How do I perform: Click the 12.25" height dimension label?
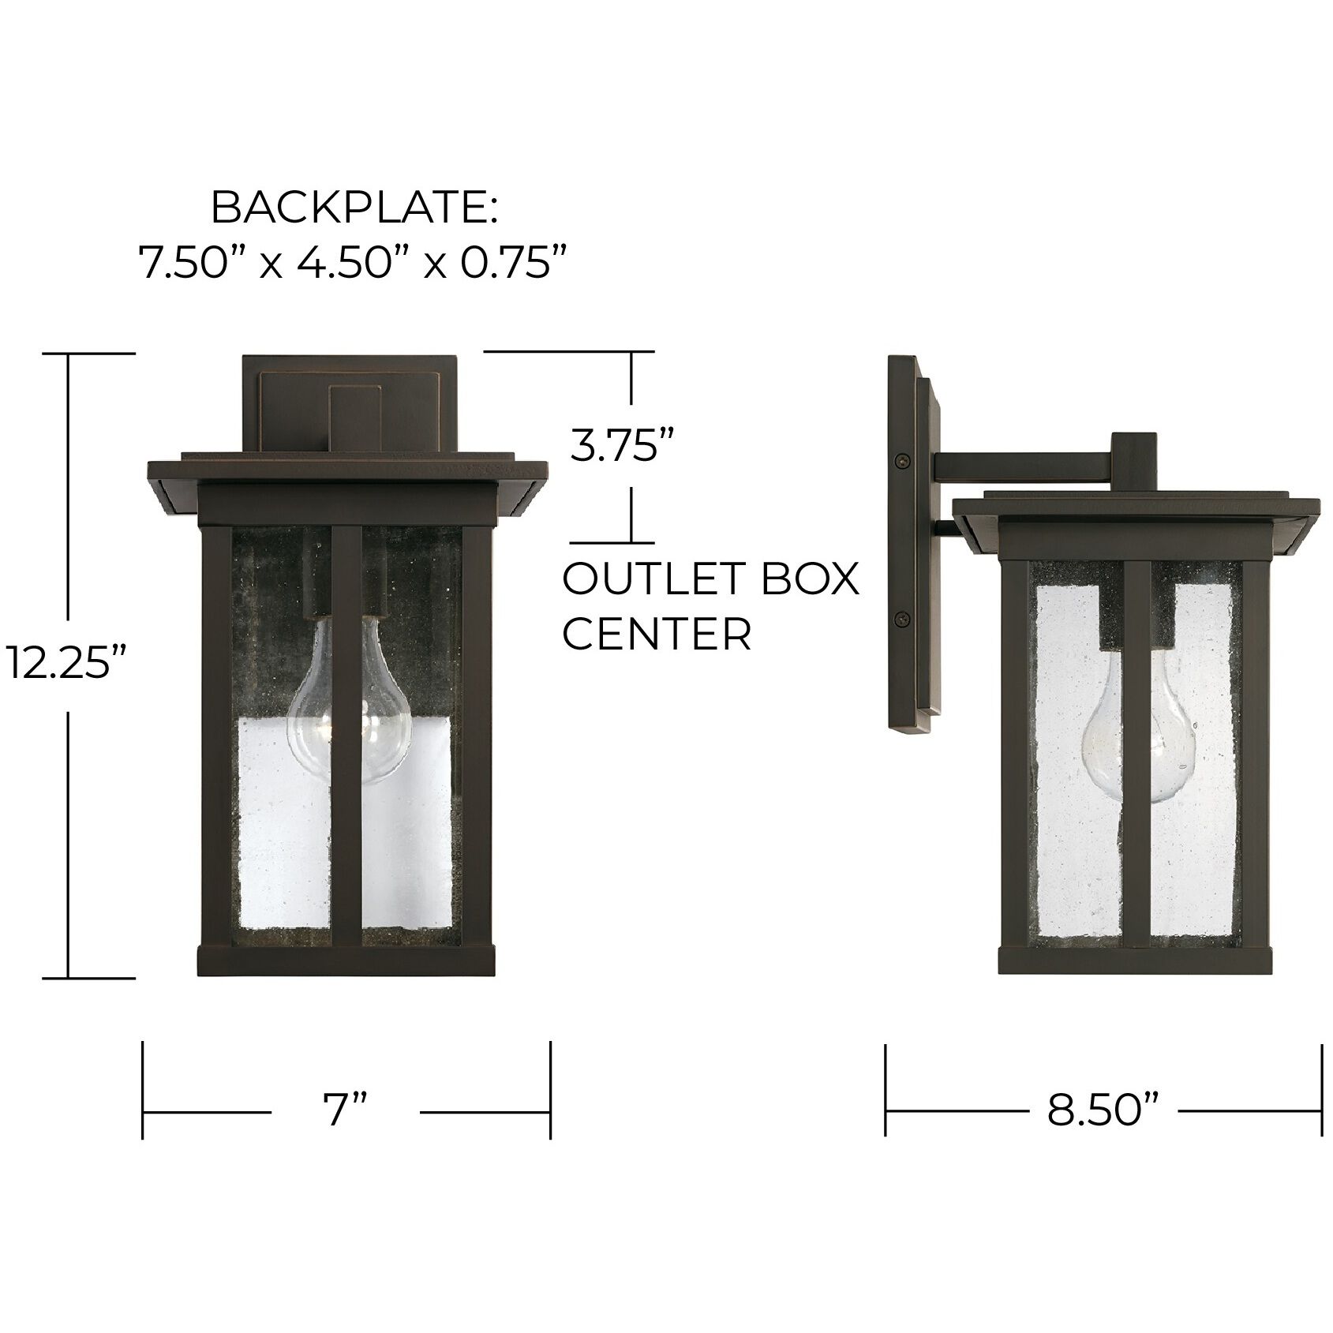pyautogui.click(x=66, y=664)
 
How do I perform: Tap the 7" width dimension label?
pyautogui.click(x=345, y=1112)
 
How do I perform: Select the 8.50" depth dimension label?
pyautogui.click(x=1103, y=1112)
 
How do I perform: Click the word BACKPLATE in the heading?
pyautogui.click(x=354, y=208)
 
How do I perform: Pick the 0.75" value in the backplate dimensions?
pyautogui.click(x=515, y=262)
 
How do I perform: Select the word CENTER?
pyautogui.click(x=657, y=634)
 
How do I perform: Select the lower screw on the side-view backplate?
pyautogui.click(x=899, y=620)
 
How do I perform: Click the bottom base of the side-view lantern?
pyautogui.click(x=1136, y=960)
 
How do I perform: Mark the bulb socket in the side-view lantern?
pyautogui.click(x=1136, y=623)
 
